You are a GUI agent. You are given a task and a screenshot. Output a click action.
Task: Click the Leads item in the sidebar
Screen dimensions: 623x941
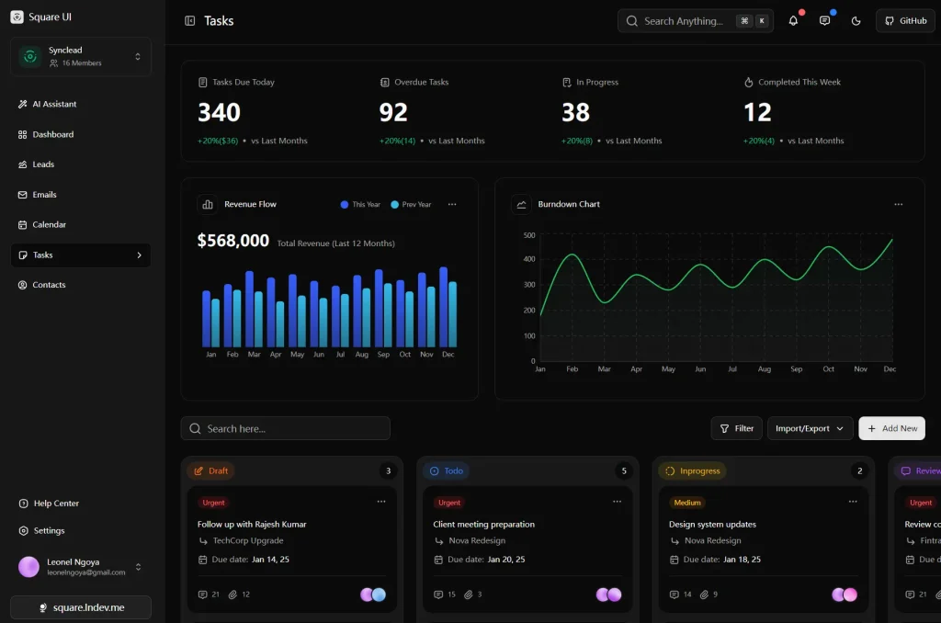[43, 164]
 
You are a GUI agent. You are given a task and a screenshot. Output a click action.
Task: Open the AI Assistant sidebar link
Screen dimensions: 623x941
[54, 104]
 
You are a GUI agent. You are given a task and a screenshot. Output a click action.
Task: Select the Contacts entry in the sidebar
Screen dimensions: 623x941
[49, 285]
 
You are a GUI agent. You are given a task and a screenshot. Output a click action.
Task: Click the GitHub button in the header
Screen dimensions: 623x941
[905, 21]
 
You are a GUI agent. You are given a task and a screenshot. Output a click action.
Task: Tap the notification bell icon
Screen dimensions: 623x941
[793, 21]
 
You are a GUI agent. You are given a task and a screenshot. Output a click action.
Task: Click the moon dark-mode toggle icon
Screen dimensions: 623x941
[856, 21]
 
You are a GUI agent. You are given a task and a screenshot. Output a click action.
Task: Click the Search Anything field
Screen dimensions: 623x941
[682, 21]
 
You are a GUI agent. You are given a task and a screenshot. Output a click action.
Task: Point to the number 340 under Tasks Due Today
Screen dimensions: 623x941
[219, 113]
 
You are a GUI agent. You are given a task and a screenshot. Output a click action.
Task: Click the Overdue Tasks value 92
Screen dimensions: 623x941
[393, 113]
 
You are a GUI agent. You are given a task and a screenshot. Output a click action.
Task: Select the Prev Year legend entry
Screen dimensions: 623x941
[411, 204]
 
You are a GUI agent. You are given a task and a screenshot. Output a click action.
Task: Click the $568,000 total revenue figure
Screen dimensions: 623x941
[233, 241]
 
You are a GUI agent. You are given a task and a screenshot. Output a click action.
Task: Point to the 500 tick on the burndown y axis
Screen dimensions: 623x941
[529, 235]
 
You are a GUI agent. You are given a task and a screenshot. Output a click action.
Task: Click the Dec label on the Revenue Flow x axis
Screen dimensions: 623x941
[448, 355]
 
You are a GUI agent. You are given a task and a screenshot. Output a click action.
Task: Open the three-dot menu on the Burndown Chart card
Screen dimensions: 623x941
[898, 204]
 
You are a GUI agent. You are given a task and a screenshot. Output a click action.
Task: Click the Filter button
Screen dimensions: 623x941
[736, 428]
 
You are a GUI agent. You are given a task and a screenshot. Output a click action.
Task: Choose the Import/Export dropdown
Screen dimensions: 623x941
[810, 428]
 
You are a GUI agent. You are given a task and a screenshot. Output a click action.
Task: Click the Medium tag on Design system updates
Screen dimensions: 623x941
[687, 503]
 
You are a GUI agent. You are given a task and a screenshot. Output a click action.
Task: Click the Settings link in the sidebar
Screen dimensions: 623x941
[49, 530]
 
